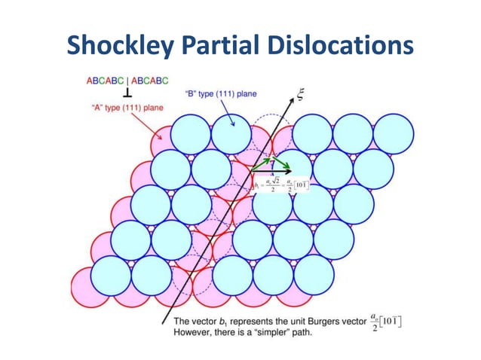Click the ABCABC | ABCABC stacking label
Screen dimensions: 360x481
pyautogui.click(x=127, y=79)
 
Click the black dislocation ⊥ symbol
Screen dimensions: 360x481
pyautogui.click(x=130, y=94)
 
